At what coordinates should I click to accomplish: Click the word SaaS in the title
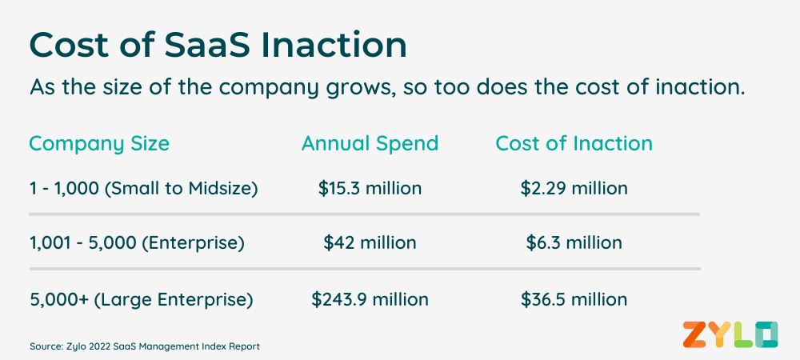[207, 46]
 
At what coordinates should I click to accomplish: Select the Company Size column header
[99, 144]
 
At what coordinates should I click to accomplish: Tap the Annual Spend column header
[370, 144]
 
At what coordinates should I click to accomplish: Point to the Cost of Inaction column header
[574, 144]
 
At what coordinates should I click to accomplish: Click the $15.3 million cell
[370, 188]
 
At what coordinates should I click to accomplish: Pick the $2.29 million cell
[574, 188]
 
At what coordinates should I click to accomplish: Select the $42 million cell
[370, 242]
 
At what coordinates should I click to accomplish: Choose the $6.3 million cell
[574, 242]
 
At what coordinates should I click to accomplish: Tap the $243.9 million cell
[370, 299]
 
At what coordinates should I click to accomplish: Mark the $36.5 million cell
[574, 299]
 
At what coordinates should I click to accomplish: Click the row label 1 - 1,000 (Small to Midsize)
[144, 189]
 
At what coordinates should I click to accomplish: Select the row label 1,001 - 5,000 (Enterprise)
[138, 243]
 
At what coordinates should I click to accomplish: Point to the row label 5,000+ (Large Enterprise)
[142, 300]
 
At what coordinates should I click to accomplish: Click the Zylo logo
[730, 335]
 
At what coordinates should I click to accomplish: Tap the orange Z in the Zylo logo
[695, 335]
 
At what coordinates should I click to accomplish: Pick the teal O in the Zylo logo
[766, 335]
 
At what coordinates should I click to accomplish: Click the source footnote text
[145, 346]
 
